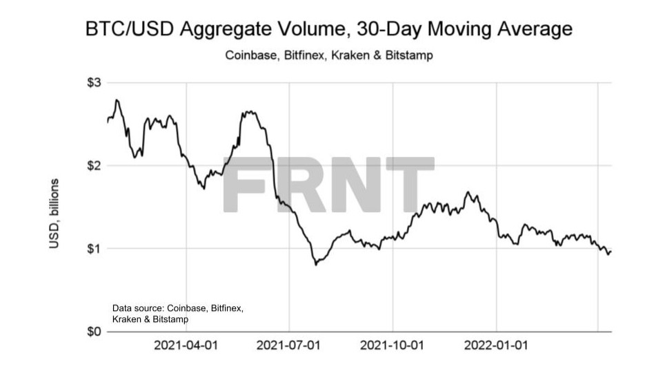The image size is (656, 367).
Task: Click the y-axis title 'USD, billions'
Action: pos(55,215)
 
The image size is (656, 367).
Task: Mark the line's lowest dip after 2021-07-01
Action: pos(316,265)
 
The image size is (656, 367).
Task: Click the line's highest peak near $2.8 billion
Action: pos(117,100)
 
